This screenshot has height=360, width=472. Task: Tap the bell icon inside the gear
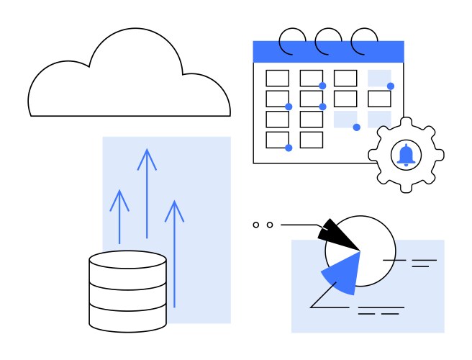tap(406, 154)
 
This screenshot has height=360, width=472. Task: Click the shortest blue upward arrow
tap(119, 216)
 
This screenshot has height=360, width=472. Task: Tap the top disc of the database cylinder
tap(127, 260)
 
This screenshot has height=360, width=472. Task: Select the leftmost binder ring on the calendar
tap(292, 40)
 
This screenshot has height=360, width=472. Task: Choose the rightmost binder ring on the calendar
tap(365, 40)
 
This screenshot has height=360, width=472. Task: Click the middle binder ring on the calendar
tap(329, 40)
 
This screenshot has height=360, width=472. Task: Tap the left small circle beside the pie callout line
tap(255, 225)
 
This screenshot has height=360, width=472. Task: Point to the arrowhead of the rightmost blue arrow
tap(174, 210)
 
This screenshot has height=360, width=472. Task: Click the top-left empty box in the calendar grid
tap(277, 78)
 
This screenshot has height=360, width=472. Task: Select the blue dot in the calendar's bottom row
tap(289, 148)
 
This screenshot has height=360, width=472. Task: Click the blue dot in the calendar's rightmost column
tap(391, 86)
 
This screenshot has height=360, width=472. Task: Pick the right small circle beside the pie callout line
tap(270, 225)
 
